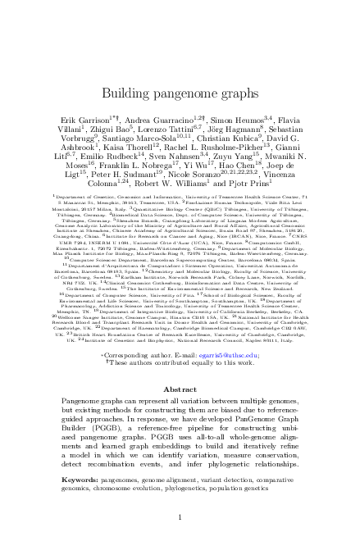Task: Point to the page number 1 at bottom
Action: (x=180, y=517)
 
